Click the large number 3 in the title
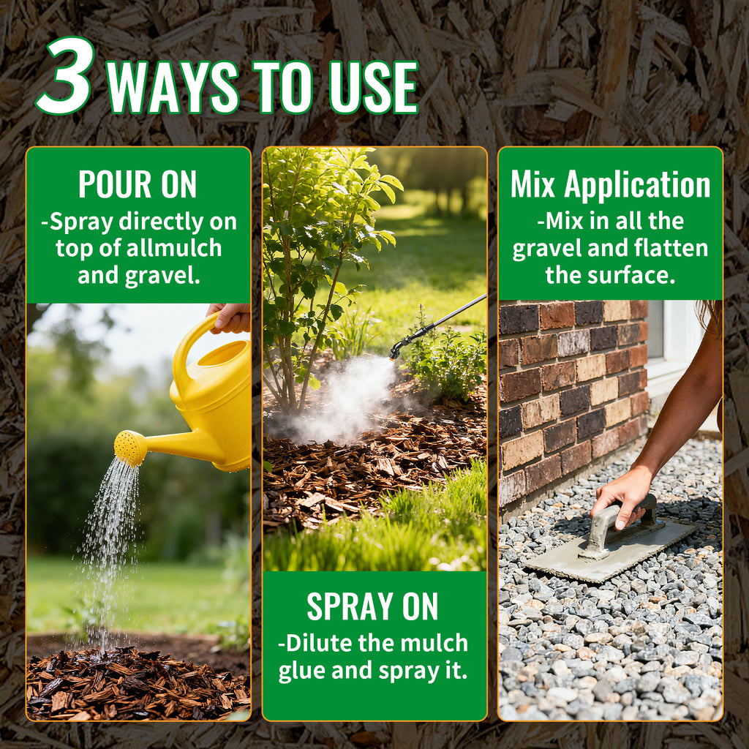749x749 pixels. (64, 75)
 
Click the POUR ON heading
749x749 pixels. (138, 184)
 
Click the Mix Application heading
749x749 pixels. (611, 185)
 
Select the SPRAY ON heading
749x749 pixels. (372, 606)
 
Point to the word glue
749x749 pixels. (302, 671)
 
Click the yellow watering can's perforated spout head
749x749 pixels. (130, 448)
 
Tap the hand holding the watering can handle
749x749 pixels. (230, 317)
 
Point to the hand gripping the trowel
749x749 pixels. (622, 497)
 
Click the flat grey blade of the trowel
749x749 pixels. (612, 552)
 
